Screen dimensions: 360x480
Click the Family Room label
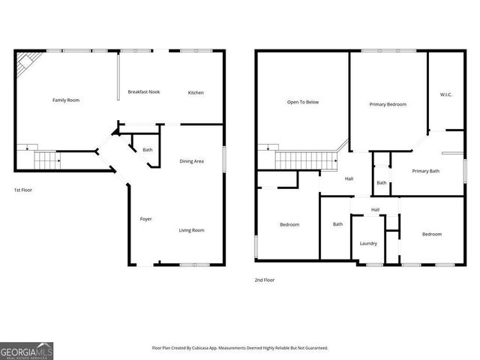tap(66, 100)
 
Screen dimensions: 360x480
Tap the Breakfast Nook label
tap(144, 92)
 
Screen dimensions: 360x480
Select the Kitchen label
tap(196, 92)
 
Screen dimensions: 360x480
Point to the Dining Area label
tap(192, 161)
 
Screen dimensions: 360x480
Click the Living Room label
tap(191, 230)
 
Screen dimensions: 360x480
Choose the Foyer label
tap(146, 219)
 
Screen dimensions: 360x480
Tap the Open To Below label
tap(303, 102)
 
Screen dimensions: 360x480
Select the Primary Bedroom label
tap(388, 104)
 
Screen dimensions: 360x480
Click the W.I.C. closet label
tap(445, 94)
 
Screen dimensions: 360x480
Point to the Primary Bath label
tap(425, 171)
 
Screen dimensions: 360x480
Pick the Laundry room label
tap(368, 243)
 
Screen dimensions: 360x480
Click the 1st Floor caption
tap(22, 190)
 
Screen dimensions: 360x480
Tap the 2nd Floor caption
tap(264, 280)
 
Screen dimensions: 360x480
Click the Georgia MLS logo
tap(26, 350)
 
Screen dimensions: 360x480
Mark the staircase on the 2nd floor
tap(303, 160)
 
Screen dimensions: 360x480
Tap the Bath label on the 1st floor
tap(148, 150)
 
